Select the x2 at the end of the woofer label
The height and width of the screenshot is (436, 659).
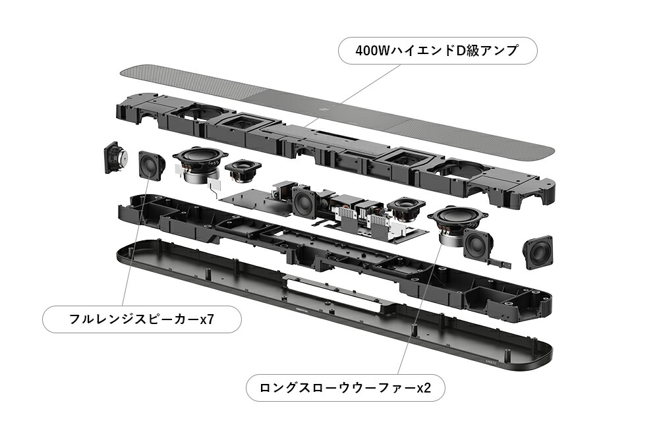(423, 387)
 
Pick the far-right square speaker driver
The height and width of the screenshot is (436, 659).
(538, 253)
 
